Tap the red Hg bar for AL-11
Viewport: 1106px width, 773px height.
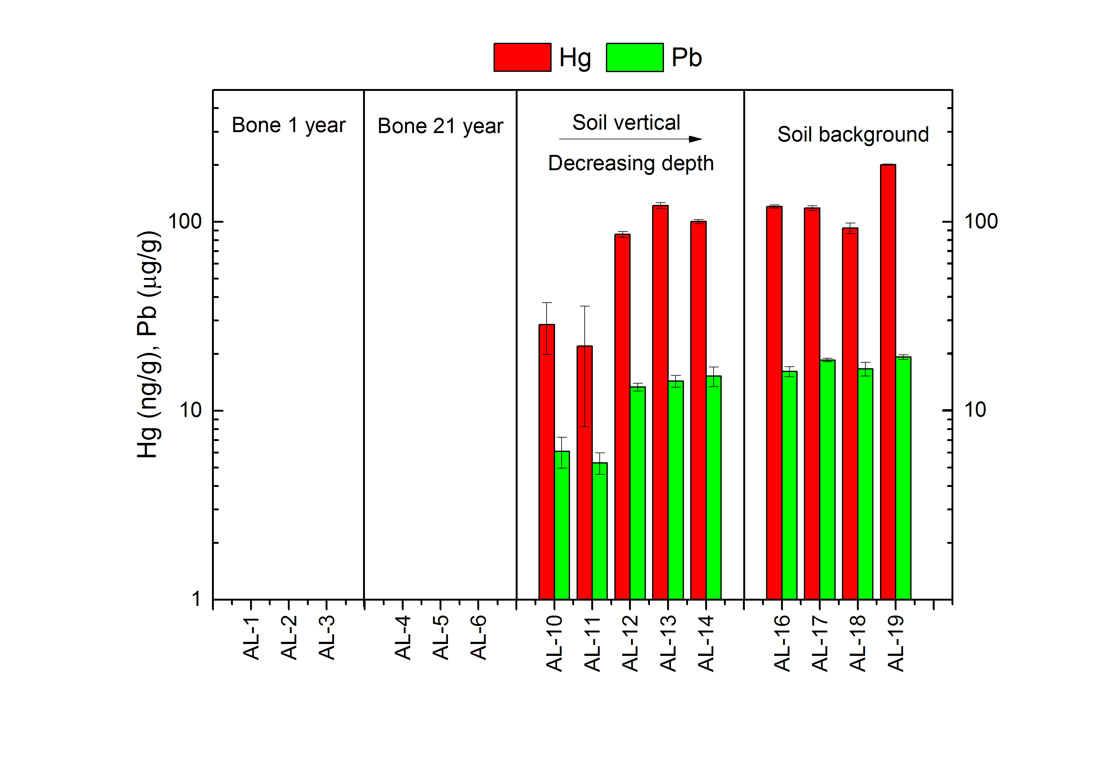click(584, 472)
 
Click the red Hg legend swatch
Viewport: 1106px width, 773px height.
click(522, 57)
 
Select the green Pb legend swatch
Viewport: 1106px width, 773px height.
click(634, 57)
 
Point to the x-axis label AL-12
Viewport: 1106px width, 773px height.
click(630, 643)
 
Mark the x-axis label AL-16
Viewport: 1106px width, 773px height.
click(782, 643)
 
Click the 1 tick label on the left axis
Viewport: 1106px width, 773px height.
click(196, 599)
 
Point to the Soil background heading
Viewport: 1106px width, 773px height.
click(853, 135)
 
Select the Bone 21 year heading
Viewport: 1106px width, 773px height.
click(440, 126)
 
